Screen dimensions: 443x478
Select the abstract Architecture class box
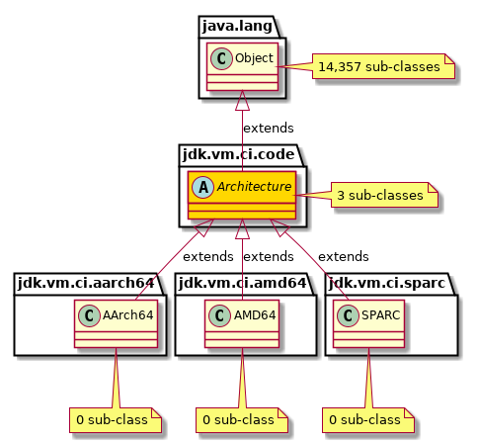(x=242, y=194)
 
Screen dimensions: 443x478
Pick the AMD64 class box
(x=242, y=323)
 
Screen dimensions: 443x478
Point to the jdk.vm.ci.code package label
(x=239, y=152)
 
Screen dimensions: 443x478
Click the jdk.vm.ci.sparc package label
(x=386, y=283)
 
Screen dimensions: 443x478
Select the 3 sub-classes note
(x=384, y=196)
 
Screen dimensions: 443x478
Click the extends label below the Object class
(x=269, y=128)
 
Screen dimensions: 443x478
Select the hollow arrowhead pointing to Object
(x=242, y=103)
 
